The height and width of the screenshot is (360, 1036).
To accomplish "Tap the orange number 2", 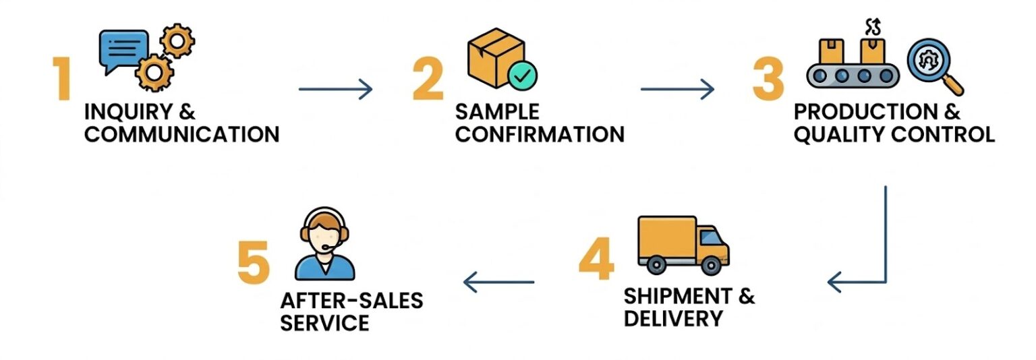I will tap(428, 80).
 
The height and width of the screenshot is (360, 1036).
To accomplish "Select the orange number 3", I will tap(769, 80).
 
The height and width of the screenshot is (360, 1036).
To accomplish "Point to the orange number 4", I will tap(597, 260).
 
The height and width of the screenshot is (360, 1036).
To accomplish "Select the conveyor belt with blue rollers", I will tap(853, 73).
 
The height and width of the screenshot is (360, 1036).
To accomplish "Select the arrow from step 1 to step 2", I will tap(335, 88).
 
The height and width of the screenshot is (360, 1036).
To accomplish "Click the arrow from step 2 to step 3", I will tap(677, 88).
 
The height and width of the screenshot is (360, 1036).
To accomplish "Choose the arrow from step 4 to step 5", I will tap(499, 282).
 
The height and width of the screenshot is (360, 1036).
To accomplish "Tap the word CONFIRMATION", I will tap(540, 133).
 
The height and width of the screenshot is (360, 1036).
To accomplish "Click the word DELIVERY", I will tap(673, 318).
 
